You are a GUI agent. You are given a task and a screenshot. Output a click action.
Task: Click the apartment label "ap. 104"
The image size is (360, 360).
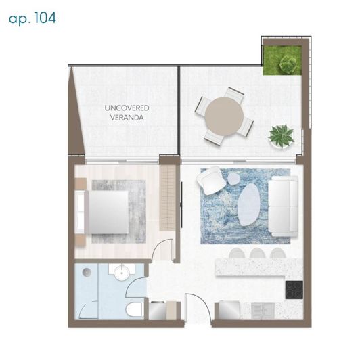32,18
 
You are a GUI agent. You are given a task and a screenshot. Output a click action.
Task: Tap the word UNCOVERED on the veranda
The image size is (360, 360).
127,108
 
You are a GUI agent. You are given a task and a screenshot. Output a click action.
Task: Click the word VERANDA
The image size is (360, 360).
127,118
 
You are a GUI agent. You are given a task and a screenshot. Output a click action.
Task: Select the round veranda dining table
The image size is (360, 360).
224,116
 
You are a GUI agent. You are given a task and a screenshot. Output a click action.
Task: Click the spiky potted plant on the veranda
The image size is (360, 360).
281,136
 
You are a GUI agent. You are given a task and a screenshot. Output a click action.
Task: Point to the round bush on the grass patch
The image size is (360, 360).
288,64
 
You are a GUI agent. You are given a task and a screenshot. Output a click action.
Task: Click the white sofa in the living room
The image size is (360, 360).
284,206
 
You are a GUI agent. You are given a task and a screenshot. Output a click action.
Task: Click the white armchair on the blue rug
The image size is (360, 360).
210,181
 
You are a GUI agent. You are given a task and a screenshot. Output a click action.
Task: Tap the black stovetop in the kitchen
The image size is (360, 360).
294,290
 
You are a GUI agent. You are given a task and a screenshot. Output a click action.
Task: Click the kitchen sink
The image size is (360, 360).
263,311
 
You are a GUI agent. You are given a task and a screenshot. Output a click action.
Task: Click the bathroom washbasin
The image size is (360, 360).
122,273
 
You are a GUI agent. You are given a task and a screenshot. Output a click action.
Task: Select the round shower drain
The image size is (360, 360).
87,272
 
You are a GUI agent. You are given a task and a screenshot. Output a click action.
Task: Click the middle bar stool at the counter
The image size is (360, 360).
258,254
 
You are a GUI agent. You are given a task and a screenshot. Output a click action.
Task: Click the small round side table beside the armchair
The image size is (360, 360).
233,178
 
